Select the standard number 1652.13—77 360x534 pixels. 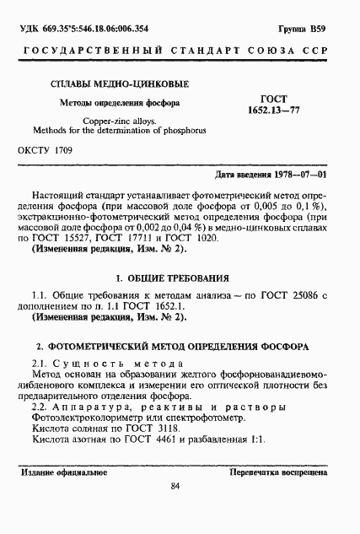pyautogui.click(x=282, y=111)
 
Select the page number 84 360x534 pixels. pyautogui.click(x=175, y=508)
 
